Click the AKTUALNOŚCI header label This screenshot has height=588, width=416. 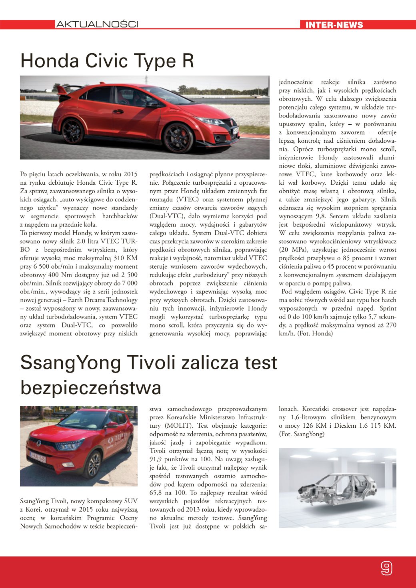tap(97, 24)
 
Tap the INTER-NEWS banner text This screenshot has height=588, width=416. tap(334, 25)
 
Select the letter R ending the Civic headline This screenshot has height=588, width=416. tap(188, 61)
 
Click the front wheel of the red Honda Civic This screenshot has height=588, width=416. tap(178, 137)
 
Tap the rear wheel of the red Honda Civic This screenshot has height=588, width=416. tap(73, 131)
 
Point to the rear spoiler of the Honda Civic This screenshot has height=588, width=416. tap(66, 89)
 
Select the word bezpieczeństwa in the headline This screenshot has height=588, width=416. tap(91, 387)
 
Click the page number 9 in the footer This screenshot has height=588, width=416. tap(386, 568)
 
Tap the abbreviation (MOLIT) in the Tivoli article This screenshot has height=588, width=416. tap(176, 426)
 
